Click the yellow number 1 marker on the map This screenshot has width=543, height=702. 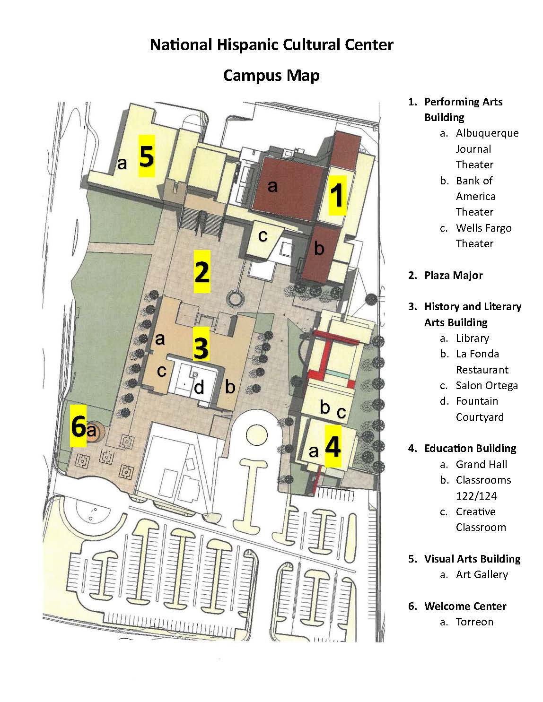(x=337, y=195)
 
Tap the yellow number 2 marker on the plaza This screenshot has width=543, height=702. (x=202, y=271)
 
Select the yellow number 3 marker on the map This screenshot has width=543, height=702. (x=201, y=343)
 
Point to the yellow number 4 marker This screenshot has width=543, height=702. (x=333, y=446)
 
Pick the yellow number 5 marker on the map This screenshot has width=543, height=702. (x=147, y=156)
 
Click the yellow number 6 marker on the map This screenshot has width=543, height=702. (x=78, y=426)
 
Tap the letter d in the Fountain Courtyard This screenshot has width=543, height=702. (x=199, y=387)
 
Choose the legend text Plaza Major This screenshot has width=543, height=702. (x=454, y=275)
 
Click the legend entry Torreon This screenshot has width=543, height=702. (x=474, y=622)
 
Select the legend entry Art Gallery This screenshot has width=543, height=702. (x=482, y=575)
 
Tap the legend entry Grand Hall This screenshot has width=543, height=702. (x=482, y=465)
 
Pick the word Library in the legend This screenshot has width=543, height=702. (x=473, y=338)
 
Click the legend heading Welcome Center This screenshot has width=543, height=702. (x=465, y=606)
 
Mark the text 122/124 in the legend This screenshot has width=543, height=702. (x=476, y=496)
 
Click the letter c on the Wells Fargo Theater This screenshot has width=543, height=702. (x=263, y=236)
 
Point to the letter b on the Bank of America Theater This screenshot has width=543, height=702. (x=319, y=248)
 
